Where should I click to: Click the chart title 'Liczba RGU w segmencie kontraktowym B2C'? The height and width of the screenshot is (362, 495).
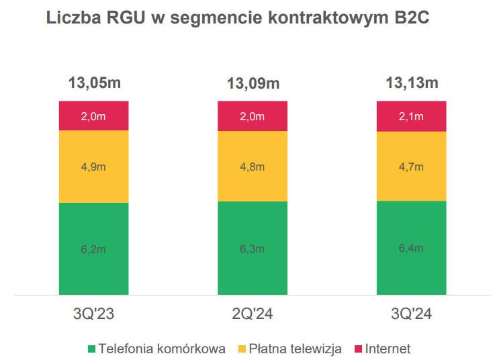coord(238,18)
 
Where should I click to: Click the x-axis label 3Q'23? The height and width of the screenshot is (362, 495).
coord(93,314)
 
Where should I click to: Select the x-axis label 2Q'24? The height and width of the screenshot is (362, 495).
coord(253,314)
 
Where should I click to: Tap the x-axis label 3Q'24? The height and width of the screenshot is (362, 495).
coord(412,314)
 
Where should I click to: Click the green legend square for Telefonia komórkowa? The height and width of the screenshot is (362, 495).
coord(91,349)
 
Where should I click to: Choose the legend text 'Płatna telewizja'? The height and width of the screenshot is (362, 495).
coord(296,349)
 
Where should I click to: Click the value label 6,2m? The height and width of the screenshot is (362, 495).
coord(93,249)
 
